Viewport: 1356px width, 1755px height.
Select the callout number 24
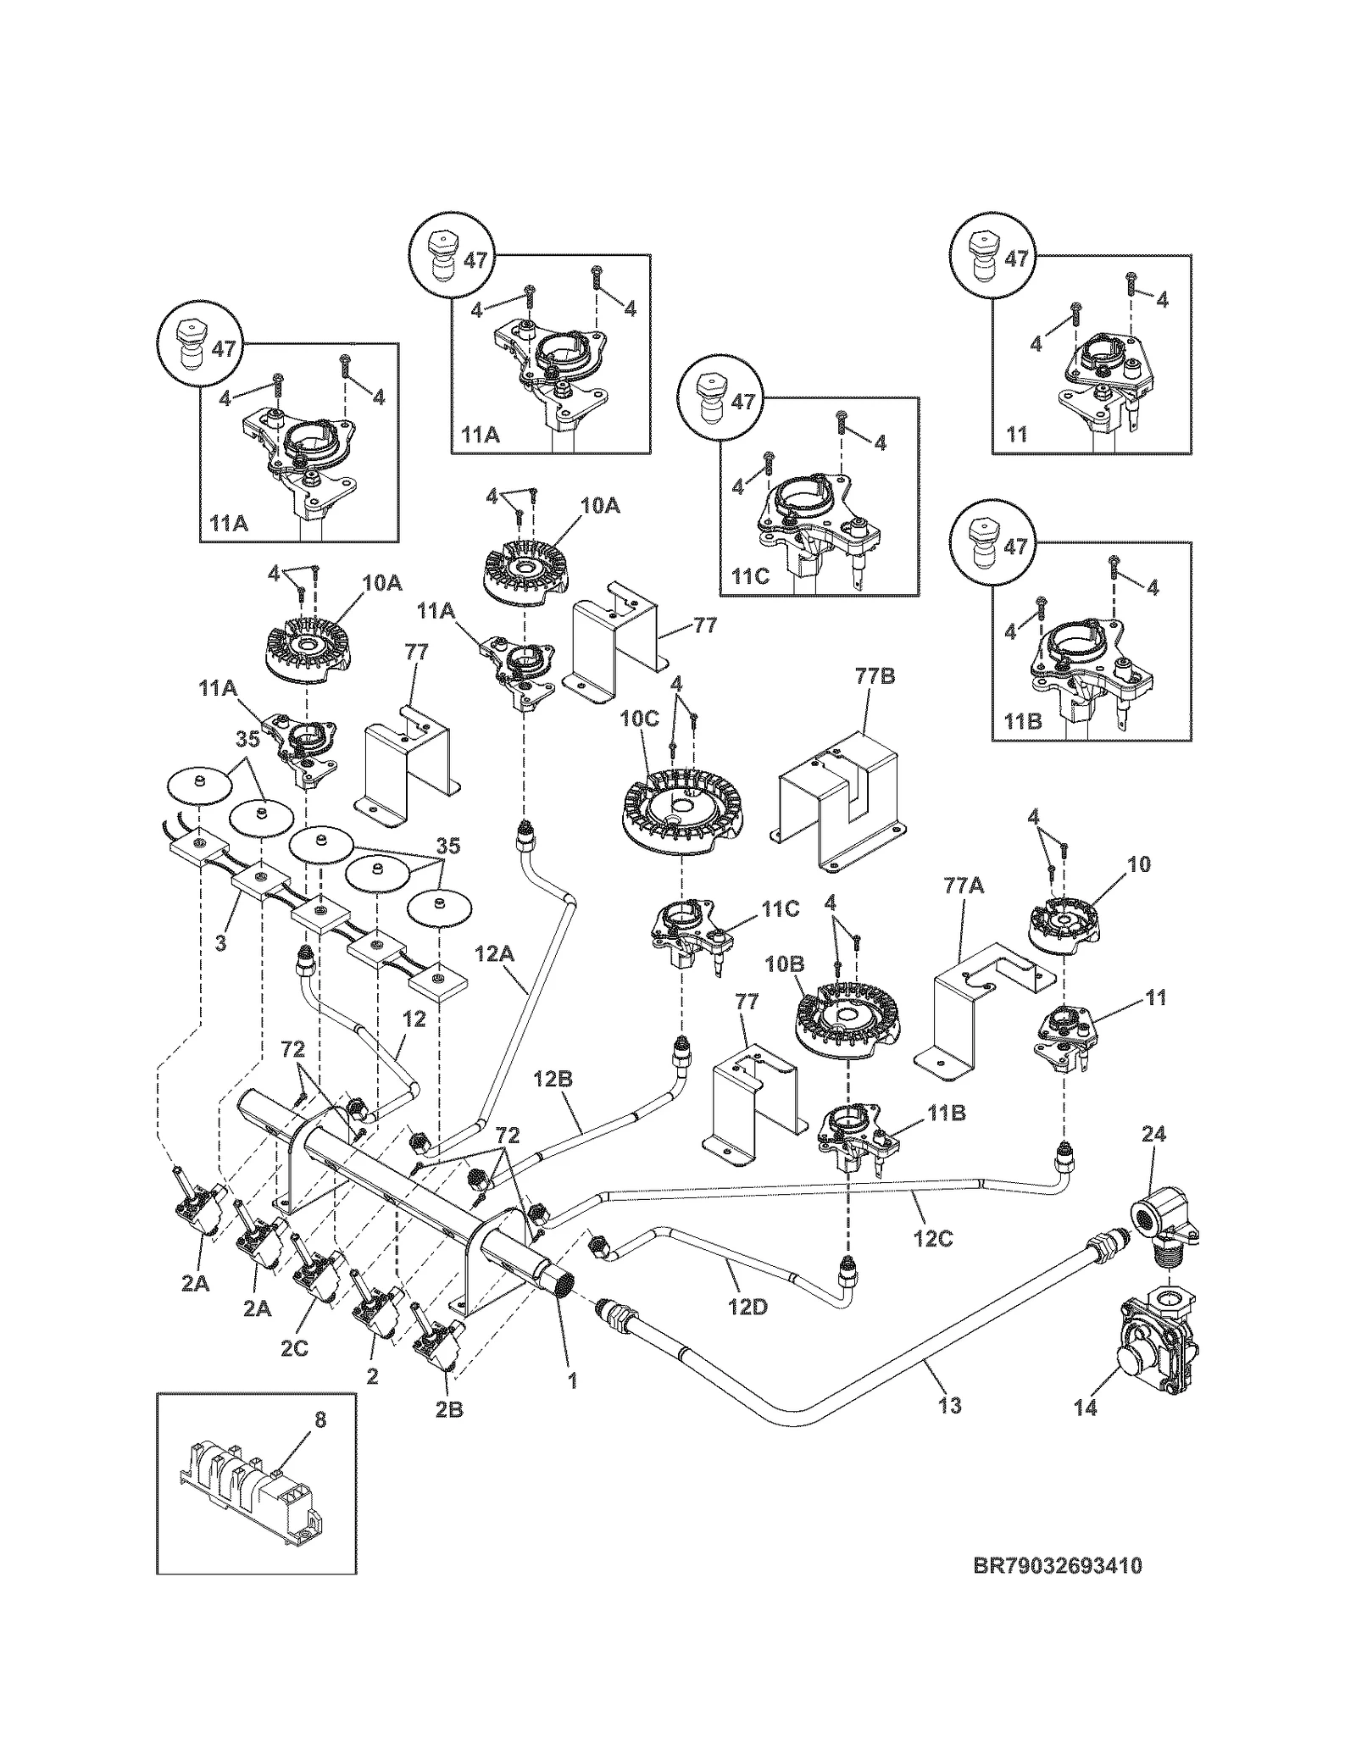pyautogui.click(x=1153, y=1134)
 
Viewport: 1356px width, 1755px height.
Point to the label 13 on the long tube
pyautogui.click(x=950, y=1405)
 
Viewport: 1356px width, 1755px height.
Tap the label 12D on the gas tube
pyautogui.click(x=747, y=1307)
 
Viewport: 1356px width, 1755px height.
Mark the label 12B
pyautogui.click(x=553, y=1079)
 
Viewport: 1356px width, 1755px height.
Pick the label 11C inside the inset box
pyautogui.click(x=750, y=577)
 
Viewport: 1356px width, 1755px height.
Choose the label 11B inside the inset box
pyautogui.click(x=1022, y=721)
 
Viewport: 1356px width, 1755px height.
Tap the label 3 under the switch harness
pyautogui.click(x=220, y=942)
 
